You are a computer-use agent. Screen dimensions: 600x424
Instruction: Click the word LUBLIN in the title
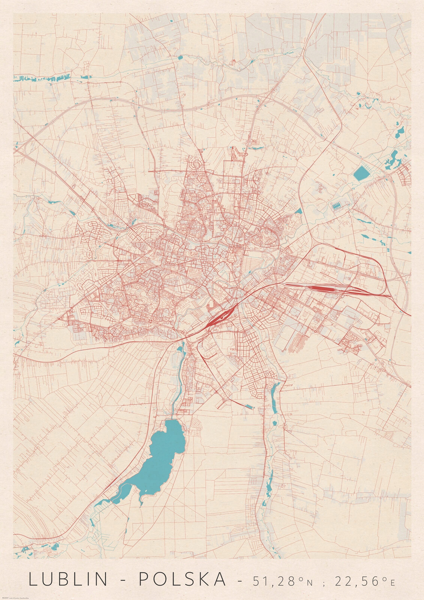[x=69, y=579]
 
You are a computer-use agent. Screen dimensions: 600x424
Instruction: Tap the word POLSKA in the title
[x=183, y=579]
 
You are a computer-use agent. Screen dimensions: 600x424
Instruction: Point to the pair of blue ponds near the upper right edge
[x=394, y=157]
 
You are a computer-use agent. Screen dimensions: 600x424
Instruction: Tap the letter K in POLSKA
[x=201, y=579]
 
